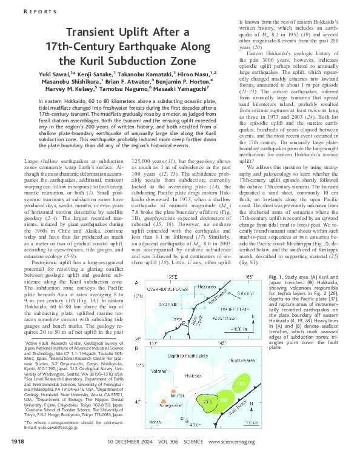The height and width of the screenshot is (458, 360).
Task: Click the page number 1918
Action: pos(19,443)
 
